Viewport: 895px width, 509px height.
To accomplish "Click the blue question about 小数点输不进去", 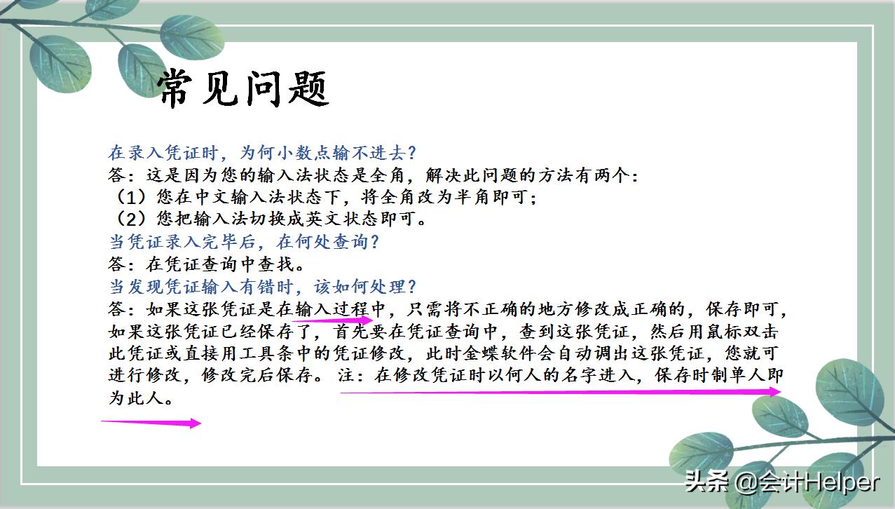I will tap(263, 152).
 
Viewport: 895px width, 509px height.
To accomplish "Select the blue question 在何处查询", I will tap(245, 242).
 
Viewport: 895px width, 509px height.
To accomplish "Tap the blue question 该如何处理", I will tap(263, 287).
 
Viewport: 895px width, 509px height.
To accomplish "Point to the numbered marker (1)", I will tap(126, 197).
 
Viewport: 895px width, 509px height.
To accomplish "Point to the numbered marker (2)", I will tap(126, 219).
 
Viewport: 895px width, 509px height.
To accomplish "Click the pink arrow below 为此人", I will tap(151, 423).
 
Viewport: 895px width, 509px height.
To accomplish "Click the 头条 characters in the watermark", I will tap(706, 482).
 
